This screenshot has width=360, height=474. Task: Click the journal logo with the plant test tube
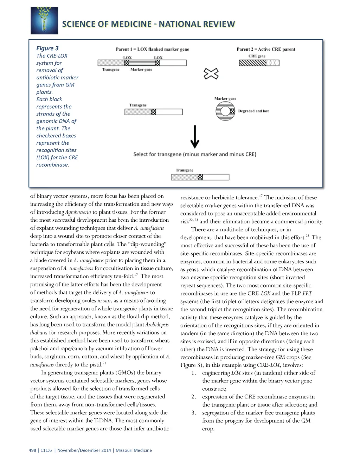tap(44, 20)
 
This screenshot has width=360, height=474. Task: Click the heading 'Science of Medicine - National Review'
tap(148, 24)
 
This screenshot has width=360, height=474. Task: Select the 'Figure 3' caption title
tap(47, 48)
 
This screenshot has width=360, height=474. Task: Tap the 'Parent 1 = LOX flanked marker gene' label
tap(152, 49)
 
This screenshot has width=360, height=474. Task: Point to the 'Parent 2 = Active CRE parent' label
tap(266, 49)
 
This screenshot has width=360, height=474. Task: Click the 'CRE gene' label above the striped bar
tap(257, 56)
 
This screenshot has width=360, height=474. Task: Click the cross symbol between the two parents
tap(211, 74)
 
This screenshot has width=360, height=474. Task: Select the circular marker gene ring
tap(225, 111)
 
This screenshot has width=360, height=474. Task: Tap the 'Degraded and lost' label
tap(253, 111)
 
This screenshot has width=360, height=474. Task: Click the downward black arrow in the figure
tap(195, 137)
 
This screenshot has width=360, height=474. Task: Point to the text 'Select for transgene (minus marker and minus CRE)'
tap(195, 154)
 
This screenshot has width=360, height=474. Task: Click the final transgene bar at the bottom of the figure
tap(200, 177)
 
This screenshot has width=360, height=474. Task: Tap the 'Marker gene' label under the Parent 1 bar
tap(141, 70)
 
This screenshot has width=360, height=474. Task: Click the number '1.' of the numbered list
tap(194, 373)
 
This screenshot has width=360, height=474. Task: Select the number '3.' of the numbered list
tap(194, 413)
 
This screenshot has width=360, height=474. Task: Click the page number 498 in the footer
tap(32, 450)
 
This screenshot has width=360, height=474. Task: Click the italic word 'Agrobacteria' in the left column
tap(78, 212)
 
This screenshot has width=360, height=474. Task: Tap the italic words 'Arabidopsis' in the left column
tap(157, 325)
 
